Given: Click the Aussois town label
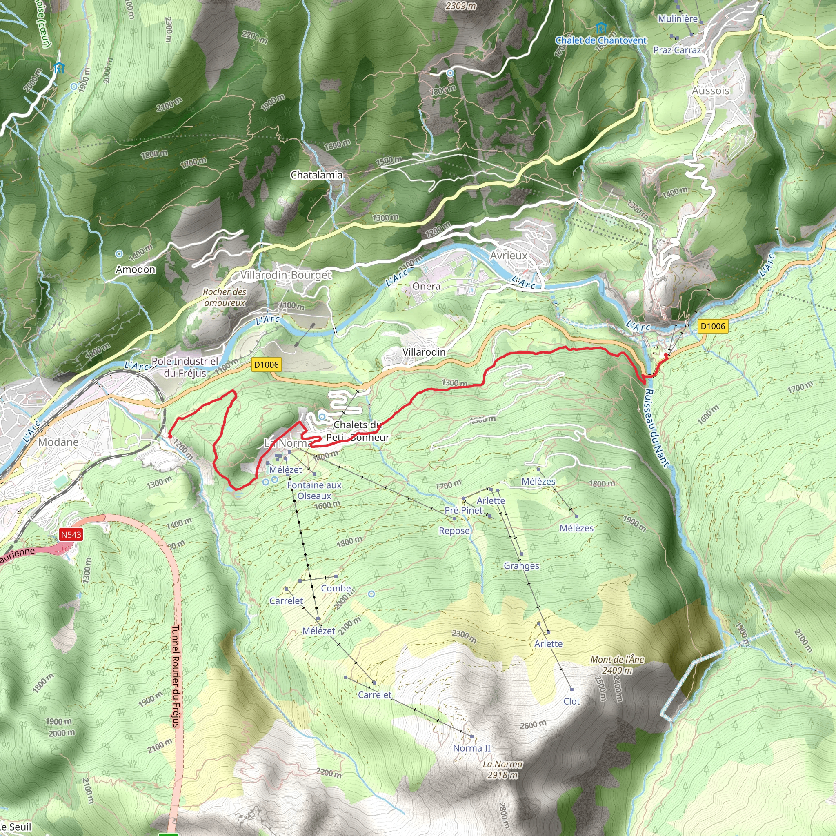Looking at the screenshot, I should (x=711, y=91).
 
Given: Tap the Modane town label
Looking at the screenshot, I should (x=58, y=442).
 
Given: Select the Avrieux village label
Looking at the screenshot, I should (x=509, y=256).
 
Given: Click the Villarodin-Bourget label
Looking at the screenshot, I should (x=286, y=275).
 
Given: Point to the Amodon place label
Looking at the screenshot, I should (x=136, y=269).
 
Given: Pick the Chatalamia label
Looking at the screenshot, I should (x=316, y=175).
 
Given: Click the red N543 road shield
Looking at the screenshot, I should (x=71, y=535).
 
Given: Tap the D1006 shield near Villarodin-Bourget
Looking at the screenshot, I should (x=266, y=365).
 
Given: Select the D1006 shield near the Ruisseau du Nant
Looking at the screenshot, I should (x=713, y=326).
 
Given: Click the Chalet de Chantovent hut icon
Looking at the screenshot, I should (x=600, y=29).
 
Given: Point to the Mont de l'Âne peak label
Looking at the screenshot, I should (x=617, y=665).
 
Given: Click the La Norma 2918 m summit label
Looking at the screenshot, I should (x=502, y=770).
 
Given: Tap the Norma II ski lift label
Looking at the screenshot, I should (x=471, y=748).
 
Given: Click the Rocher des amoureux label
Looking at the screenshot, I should (x=225, y=297).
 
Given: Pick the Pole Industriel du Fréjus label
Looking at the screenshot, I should (x=185, y=367).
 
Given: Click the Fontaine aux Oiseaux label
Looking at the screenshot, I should (x=314, y=491).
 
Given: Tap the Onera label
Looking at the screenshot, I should (x=426, y=287).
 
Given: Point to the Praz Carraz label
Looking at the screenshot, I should (x=677, y=50).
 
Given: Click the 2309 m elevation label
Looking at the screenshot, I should (x=461, y=6).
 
